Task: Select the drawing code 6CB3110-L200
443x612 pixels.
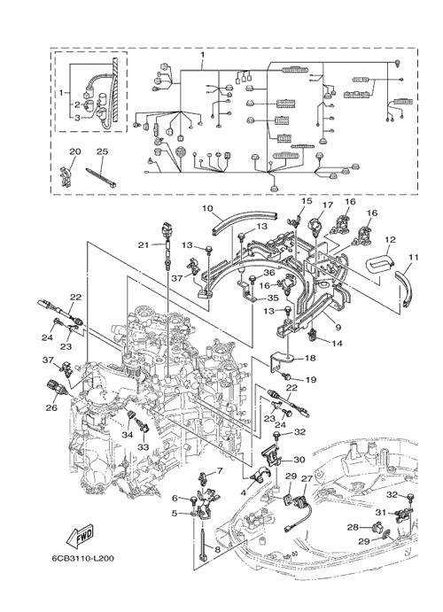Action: point(83,559)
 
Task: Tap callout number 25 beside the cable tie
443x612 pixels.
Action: point(102,151)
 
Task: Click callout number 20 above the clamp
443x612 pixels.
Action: point(74,151)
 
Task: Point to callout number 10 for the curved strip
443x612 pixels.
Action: point(207,208)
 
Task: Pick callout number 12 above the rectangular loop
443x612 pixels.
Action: point(390,240)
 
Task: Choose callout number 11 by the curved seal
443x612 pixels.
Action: point(414,257)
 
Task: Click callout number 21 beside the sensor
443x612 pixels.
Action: point(144,244)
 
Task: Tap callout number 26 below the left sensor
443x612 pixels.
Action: point(51,408)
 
